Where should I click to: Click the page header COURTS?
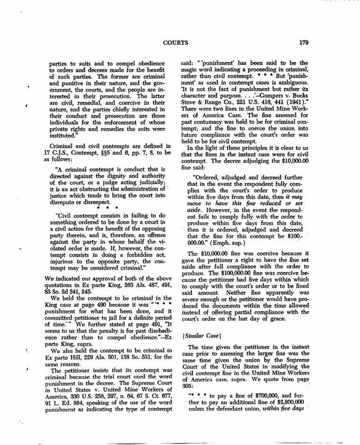point(176,42)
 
